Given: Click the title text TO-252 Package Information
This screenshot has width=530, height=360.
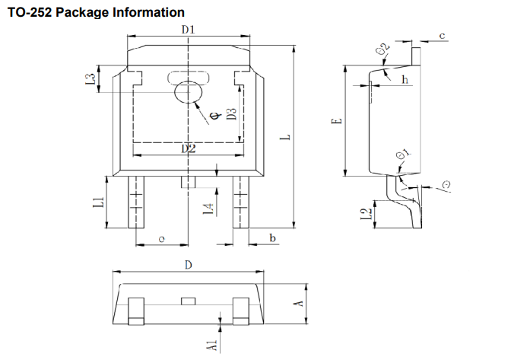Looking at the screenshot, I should pos(96,12).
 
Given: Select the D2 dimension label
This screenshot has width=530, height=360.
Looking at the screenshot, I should pos(189,148).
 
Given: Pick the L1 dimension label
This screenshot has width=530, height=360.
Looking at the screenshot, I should pos(98,202).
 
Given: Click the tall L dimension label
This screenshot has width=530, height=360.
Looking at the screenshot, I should pos(284,138).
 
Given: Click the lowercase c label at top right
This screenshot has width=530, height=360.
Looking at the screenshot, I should pos(442,36).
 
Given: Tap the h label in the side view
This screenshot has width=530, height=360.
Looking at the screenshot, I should pos(405,79).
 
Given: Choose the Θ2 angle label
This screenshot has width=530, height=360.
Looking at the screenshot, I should pos(384,50).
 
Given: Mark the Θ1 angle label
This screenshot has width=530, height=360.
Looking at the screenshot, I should pos(404,156).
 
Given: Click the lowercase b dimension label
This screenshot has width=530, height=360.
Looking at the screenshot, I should pos(271,239).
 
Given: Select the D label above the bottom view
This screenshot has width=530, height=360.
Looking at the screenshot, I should pos(188,264).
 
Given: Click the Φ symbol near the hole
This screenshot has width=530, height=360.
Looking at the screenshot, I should pos(214,115).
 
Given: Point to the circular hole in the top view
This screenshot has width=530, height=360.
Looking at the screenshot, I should pos(189,92).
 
